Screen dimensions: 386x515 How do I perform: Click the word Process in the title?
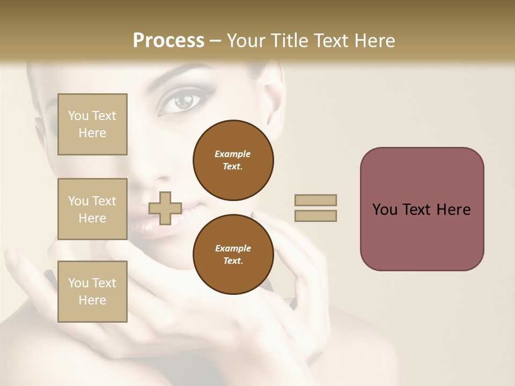(168, 41)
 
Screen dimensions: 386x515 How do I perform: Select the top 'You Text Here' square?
(92, 124)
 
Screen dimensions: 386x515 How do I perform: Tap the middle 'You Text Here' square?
(92, 209)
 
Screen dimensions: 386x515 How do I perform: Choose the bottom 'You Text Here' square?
(92, 292)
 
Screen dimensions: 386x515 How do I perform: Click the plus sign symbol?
(165, 208)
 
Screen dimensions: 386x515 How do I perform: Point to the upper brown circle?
(233, 160)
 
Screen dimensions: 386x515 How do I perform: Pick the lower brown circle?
(233, 255)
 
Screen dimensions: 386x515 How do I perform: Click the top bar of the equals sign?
(315, 200)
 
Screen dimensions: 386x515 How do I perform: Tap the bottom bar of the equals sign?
(315, 216)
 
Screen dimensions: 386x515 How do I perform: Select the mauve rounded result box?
(422, 209)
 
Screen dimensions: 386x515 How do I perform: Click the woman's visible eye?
(184, 101)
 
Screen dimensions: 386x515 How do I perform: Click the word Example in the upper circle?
(233, 154)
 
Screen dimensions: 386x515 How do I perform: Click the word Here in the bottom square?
(92, 300)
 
